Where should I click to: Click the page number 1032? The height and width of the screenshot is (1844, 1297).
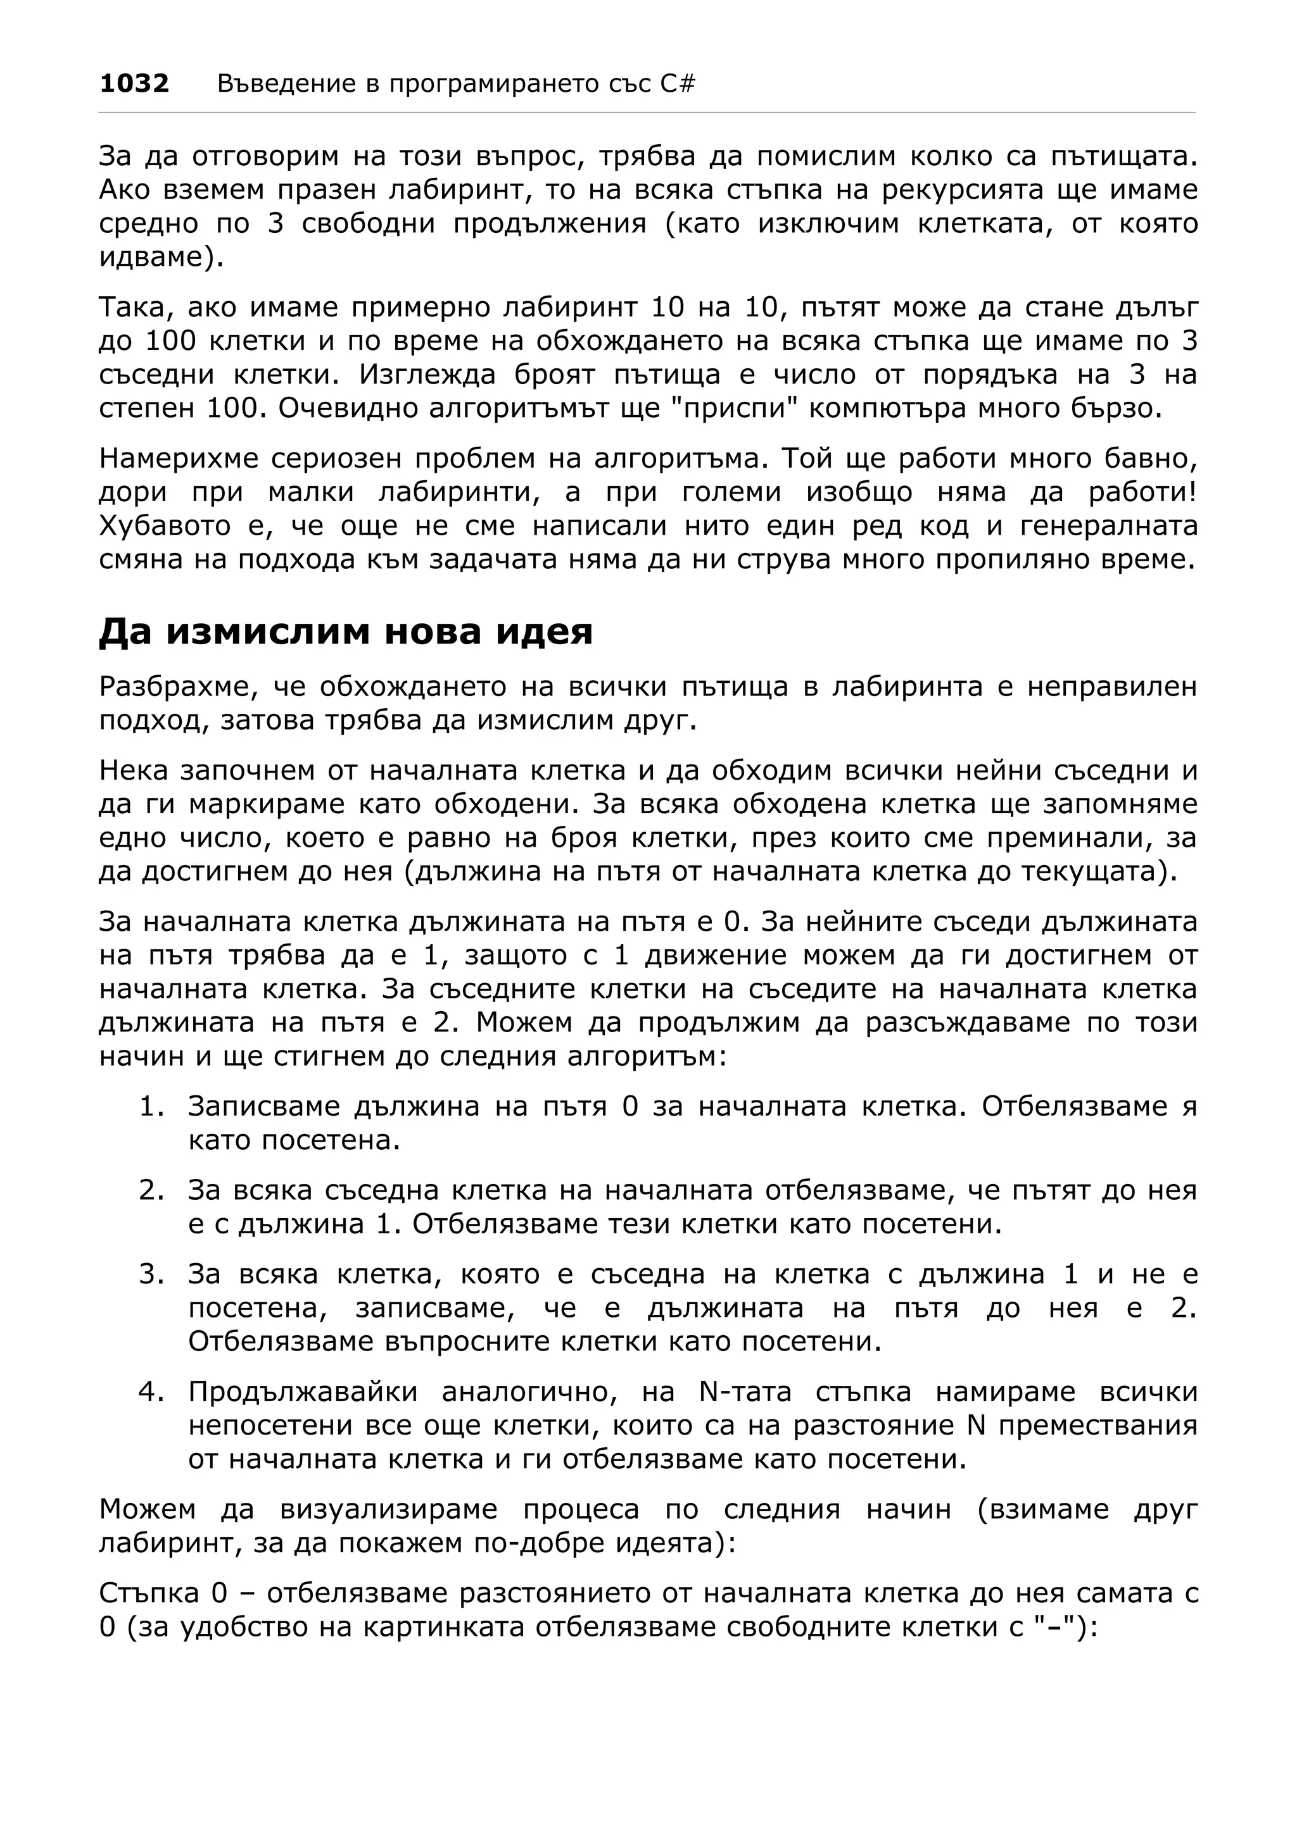click(x=134, y=84)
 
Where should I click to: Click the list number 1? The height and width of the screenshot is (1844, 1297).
click(x=152, y=1107)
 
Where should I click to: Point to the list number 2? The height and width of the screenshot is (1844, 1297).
click(x=152, y=1190)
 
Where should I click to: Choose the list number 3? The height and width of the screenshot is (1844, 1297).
click(x=152, y=1274)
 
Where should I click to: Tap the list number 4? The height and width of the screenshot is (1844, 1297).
click(x=152, y=1392)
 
